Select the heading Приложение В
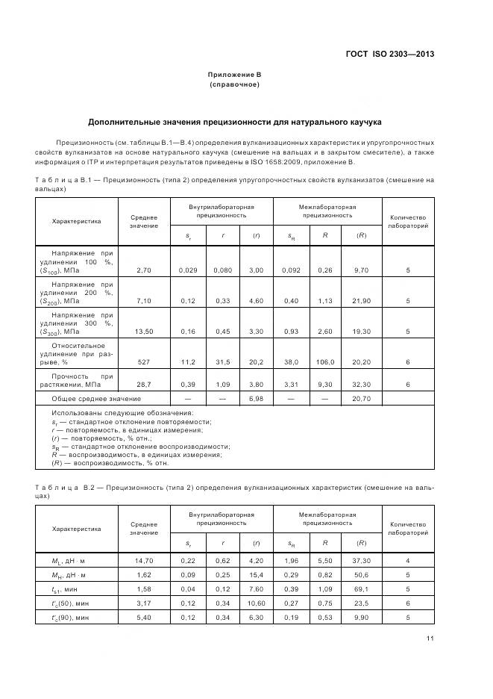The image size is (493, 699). coord(235,75)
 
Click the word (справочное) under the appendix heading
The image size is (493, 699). coord(235,84)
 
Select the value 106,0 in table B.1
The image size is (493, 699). coord(325,361)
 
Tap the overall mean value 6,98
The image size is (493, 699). coord(255,399)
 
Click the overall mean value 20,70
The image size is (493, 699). coord(361,399)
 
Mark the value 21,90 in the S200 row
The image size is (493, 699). coord(361,300)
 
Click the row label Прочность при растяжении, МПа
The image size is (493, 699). coord(82,380)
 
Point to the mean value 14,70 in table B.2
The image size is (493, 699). coord(143,560)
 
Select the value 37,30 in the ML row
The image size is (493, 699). coord(361,560)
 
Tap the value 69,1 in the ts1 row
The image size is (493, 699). coord(361,589)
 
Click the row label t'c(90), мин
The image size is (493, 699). coord(72,618)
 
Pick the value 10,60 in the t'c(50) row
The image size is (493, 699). coord(255,604)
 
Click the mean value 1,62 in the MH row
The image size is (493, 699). coord(143,575)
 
